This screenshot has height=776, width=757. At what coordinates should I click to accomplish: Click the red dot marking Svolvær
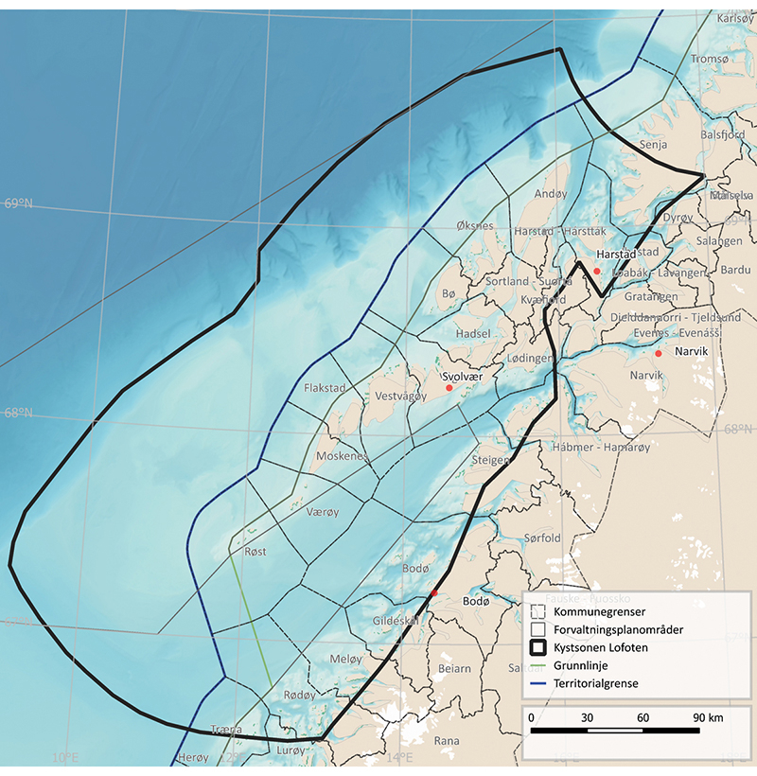click(449, 387)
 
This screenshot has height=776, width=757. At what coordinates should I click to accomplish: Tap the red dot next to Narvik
click(659, 354)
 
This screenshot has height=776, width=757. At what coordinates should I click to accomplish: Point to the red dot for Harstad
click(597, 271)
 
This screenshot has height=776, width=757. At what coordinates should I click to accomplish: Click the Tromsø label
click(710, 59)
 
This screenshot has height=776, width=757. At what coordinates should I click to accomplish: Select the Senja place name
click(654, 145)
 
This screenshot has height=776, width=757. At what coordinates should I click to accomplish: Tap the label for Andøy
click(551, 194)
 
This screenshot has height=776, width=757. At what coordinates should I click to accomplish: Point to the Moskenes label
click(342, 456)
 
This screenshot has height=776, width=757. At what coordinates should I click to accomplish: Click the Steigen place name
click(489, 460)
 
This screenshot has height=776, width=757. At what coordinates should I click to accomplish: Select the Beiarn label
click(454, 668)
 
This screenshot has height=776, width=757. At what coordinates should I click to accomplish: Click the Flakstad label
click(325, 388)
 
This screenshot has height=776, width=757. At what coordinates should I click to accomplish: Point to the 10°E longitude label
click(64, 757)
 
